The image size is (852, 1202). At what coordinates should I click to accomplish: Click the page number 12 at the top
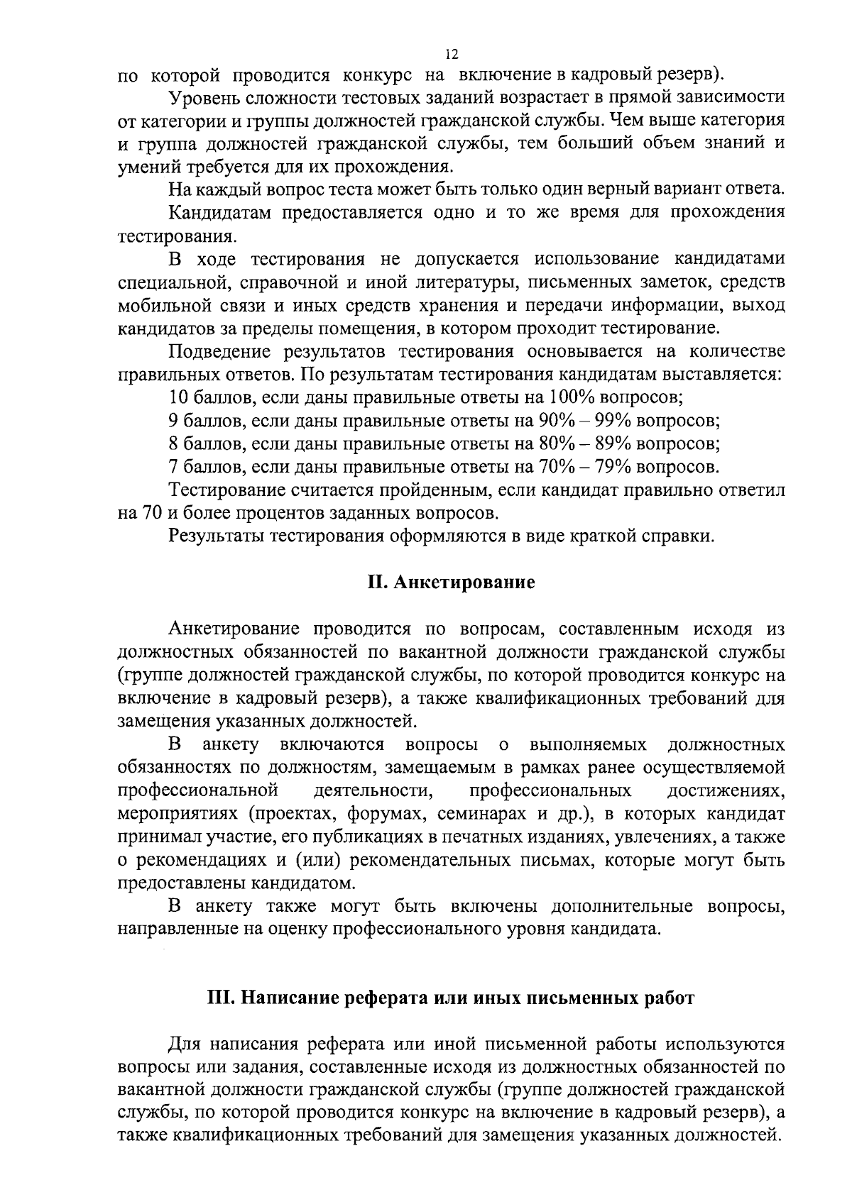click(452, 55)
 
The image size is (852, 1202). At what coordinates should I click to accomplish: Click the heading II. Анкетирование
click(451, 583)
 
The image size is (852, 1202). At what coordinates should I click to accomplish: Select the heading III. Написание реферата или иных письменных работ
click(451, 998)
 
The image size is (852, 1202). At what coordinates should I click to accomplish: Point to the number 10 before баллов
click(179, 397)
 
